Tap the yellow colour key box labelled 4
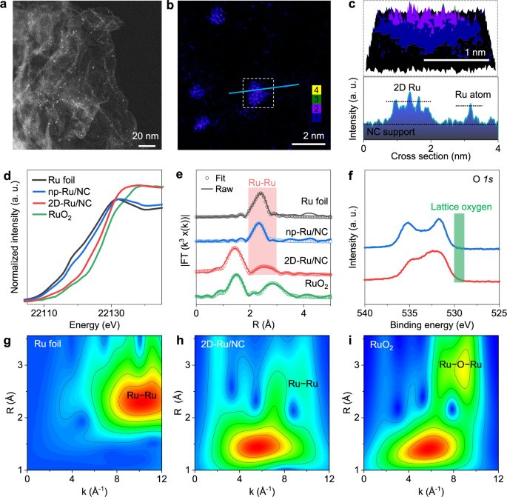coord(316,90)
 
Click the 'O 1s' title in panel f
coord(482,178)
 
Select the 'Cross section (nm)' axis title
coord(431,158)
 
